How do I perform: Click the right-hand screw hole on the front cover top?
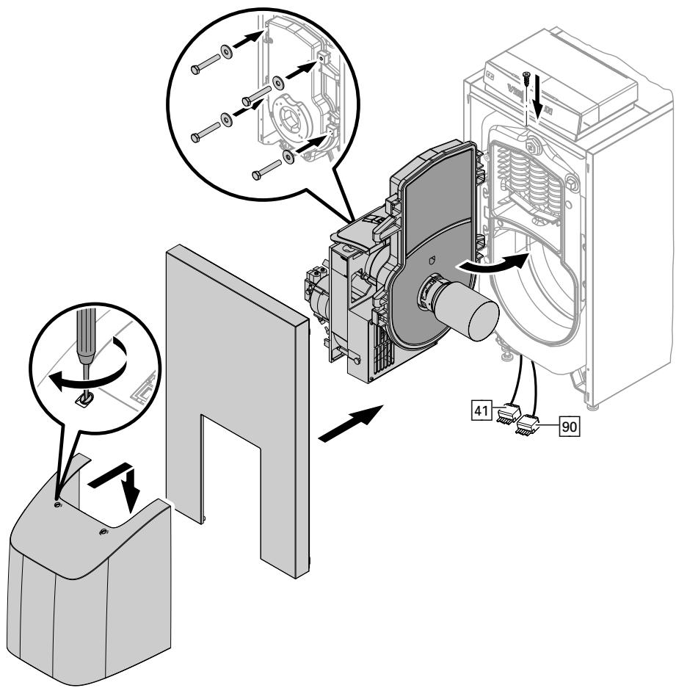click(103, 530)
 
